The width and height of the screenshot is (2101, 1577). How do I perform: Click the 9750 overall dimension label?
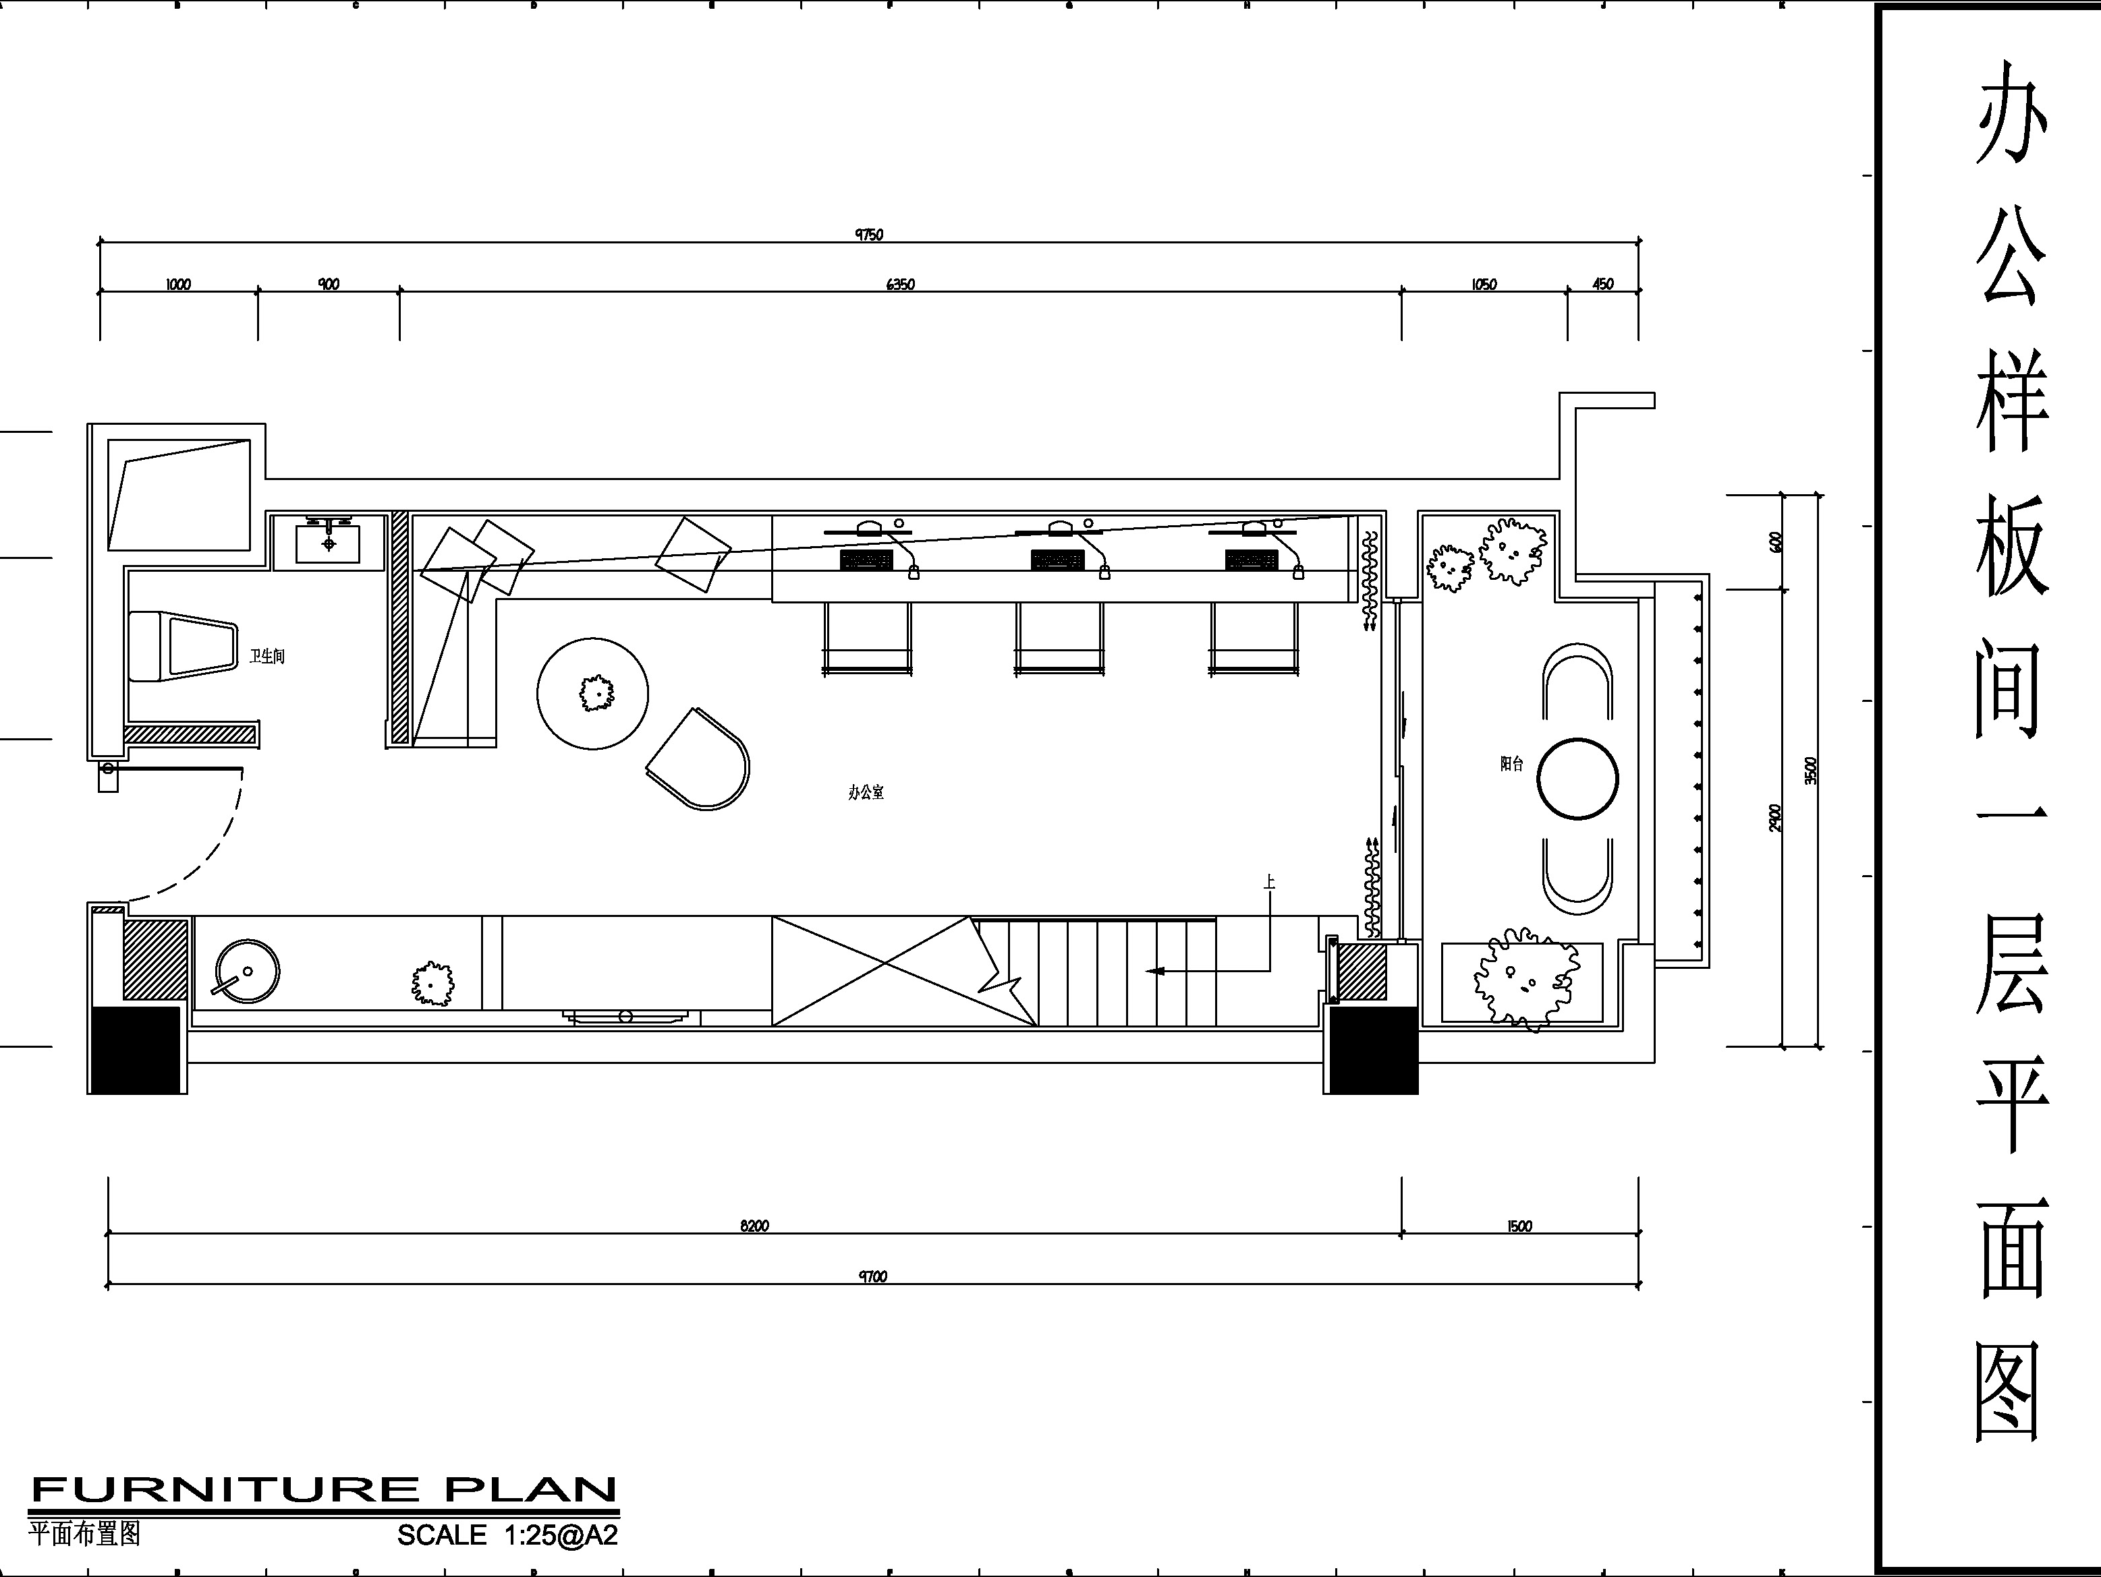[869, 235]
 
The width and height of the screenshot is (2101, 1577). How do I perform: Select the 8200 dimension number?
[754, 1226]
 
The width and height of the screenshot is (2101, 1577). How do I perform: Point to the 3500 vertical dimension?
[1810, 770]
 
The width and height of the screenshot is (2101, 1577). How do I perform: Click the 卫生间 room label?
[267, 656]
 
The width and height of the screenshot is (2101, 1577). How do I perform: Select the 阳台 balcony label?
[1511, 763]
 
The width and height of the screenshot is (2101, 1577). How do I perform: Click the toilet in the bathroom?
[181, 647]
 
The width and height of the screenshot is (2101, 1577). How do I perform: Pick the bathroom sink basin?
[329, 542]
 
